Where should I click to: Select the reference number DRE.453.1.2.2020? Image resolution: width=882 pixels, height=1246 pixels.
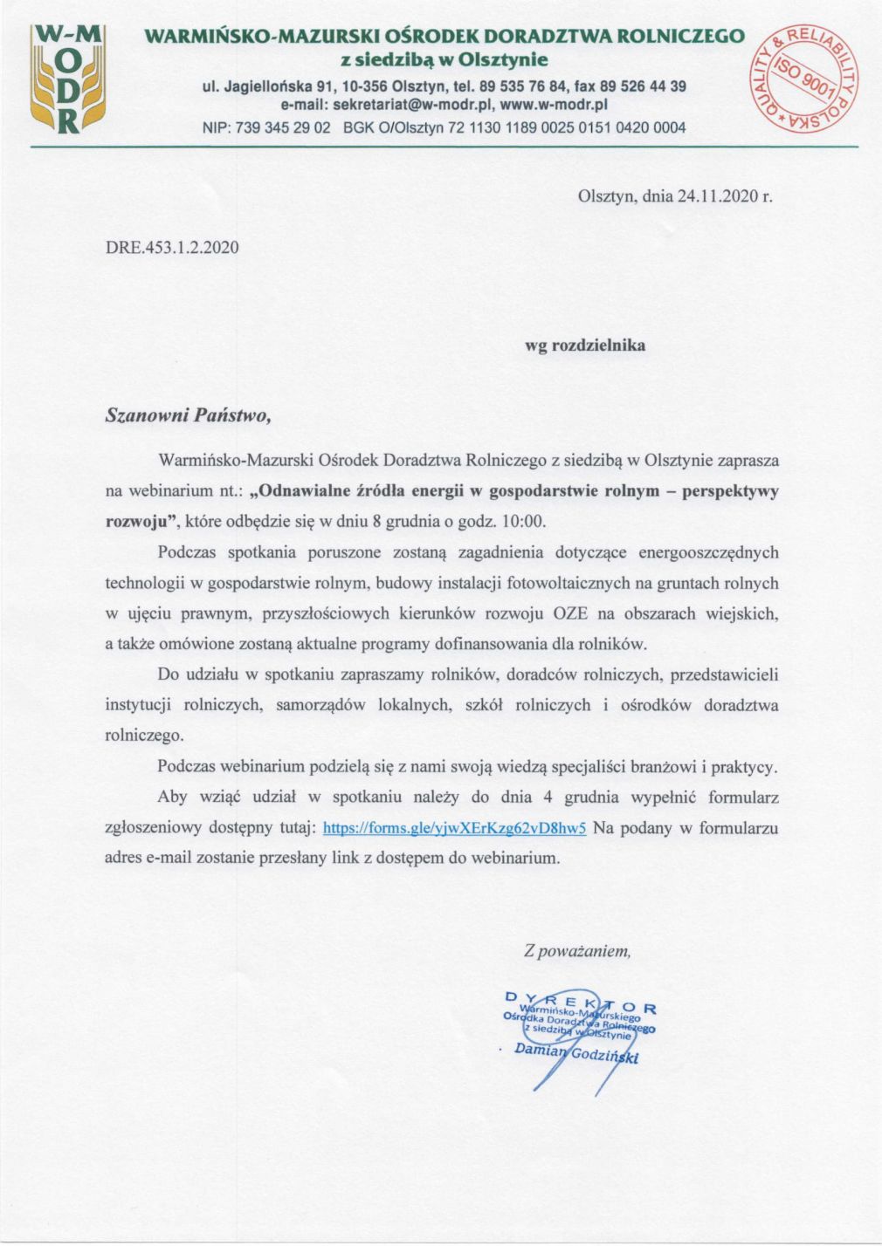172,247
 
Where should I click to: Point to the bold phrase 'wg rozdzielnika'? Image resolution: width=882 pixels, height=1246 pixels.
584,345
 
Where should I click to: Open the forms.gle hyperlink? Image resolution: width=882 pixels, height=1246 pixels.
454,827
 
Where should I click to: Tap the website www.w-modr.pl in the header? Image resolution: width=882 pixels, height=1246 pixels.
554,105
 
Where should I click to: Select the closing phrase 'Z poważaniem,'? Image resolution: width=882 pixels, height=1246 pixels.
577,951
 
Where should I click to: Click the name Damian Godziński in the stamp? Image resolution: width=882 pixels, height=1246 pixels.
576,1055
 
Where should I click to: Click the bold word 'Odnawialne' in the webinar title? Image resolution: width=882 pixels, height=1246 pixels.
301,490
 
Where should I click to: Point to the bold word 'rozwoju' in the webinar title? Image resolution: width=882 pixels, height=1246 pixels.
134,522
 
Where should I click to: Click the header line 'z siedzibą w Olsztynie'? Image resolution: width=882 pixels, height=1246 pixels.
444,59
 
